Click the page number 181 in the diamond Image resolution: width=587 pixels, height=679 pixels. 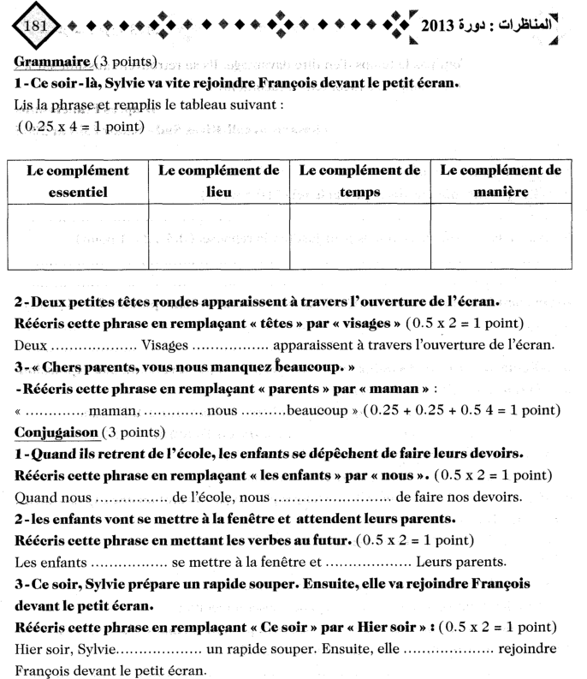pos(36,27)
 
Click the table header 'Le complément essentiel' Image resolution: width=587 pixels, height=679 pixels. pos(78,182)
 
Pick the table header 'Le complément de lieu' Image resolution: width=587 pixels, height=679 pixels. pos(219,182)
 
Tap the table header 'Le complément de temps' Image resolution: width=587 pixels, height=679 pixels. pos(359,182)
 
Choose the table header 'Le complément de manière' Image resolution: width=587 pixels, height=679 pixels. pos(501,182)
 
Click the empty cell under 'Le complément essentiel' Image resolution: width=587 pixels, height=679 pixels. pos(78,236)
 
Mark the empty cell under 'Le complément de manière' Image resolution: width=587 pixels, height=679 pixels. pos(501,236)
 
